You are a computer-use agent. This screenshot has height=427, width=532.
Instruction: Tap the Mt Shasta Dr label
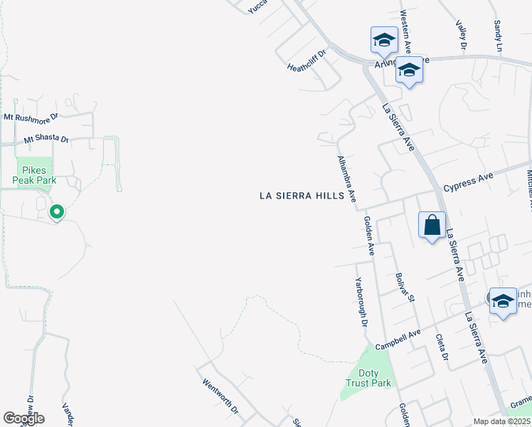pos(46,140)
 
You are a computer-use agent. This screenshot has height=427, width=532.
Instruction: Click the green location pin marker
pos(57,212)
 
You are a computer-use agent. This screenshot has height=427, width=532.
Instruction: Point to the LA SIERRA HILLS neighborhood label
pos(302,196)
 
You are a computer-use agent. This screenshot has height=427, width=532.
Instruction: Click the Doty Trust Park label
pos(368,378)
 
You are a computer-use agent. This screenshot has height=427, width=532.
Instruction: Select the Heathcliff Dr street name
pos(306,60)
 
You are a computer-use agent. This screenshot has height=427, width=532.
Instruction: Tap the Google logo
pos(23,418)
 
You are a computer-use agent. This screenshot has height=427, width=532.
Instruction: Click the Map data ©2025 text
pos(501,421)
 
